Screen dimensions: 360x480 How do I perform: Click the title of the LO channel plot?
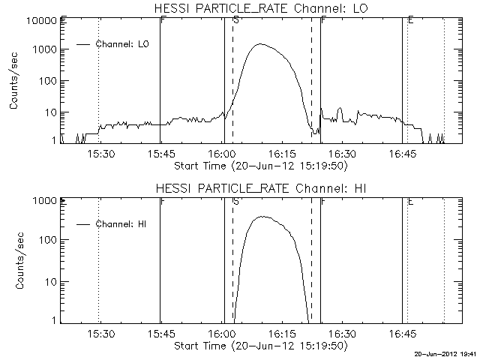pos(259,7)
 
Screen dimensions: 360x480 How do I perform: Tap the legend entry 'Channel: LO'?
pos(123,44)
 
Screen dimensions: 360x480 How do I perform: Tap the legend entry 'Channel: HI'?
pos(122,224)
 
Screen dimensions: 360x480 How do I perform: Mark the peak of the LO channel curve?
pos(260,44)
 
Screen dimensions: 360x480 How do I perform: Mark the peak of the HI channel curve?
pos(262,217)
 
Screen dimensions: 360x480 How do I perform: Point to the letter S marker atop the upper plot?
pos(236,20)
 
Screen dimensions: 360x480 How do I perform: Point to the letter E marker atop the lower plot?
pos(410,201)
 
